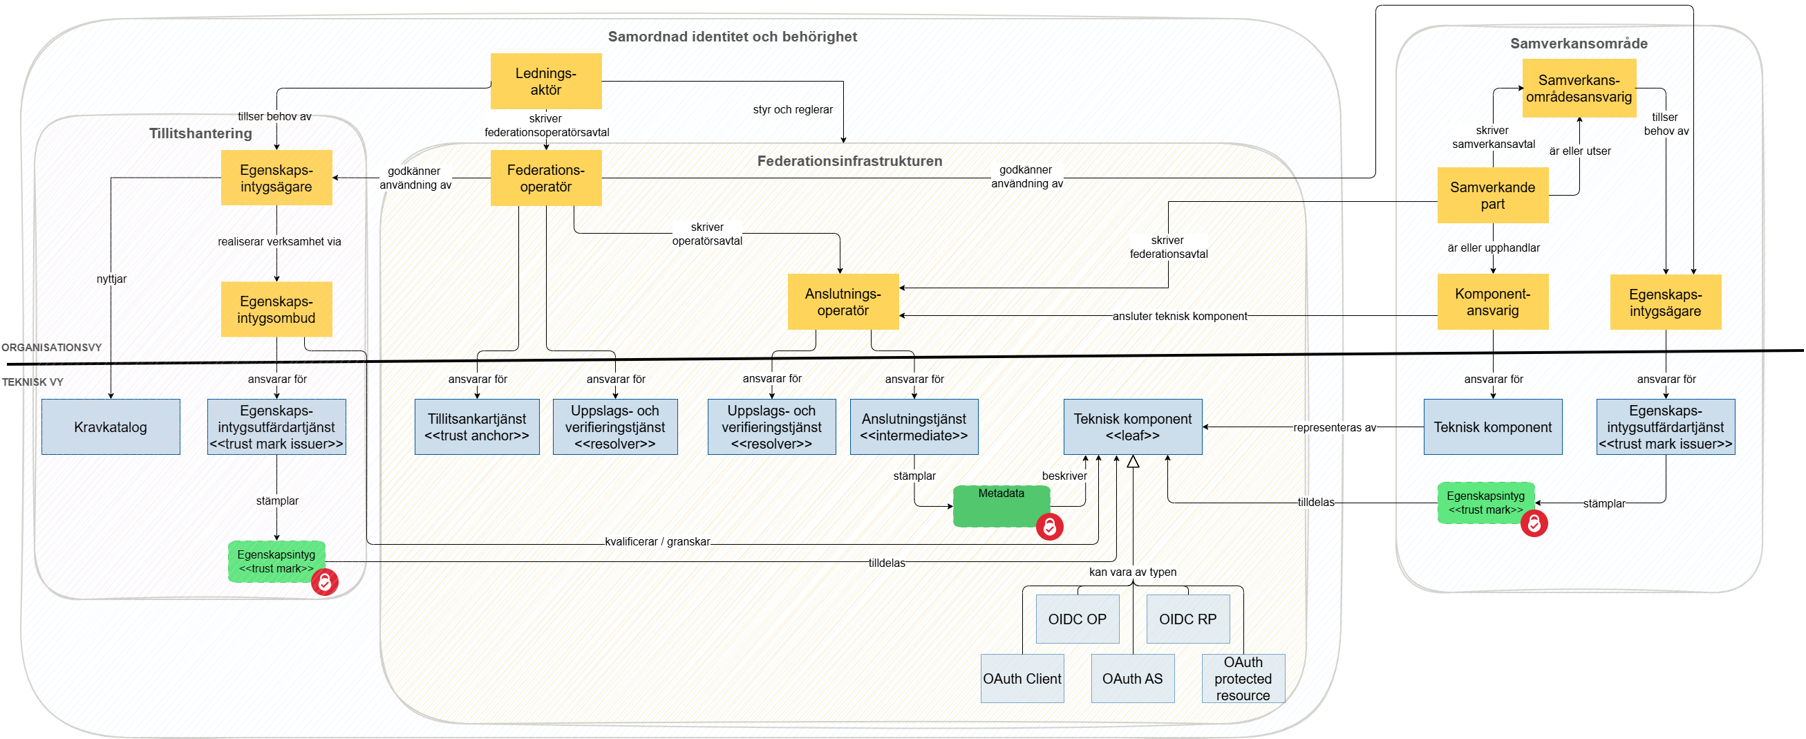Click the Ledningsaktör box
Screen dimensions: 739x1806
[x=545, y=82]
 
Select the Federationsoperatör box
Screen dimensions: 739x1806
[x=545, y=178]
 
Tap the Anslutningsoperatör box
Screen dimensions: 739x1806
[x=843, y=301]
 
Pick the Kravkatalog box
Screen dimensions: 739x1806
[x=111, y=427]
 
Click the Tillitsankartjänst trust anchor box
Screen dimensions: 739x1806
[x=477, y=427]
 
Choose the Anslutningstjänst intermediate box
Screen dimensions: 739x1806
[x=914, y=427]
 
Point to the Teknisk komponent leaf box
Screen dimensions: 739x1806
[x=1132, y=427]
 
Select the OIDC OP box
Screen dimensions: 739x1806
[x=1077, y=619]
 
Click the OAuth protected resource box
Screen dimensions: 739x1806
[x=1243, y=679]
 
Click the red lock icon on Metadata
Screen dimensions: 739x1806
[x=1050, y=527]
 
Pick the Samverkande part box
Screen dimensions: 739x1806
[x=1493, y=196]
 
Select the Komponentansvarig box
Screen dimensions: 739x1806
[x=1493, y=302]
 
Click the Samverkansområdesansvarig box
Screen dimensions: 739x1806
[x=1579, y=88]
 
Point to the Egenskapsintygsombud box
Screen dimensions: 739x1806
[x=276, y=309]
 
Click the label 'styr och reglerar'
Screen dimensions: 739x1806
[x=793, y=109]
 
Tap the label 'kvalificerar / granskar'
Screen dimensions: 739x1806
[x=657, y=541]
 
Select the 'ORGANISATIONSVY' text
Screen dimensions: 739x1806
[x=52, y=347]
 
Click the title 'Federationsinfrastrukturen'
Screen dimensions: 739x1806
[x=849, y=161]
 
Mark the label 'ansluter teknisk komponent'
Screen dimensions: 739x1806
[x=1180, y=316]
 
